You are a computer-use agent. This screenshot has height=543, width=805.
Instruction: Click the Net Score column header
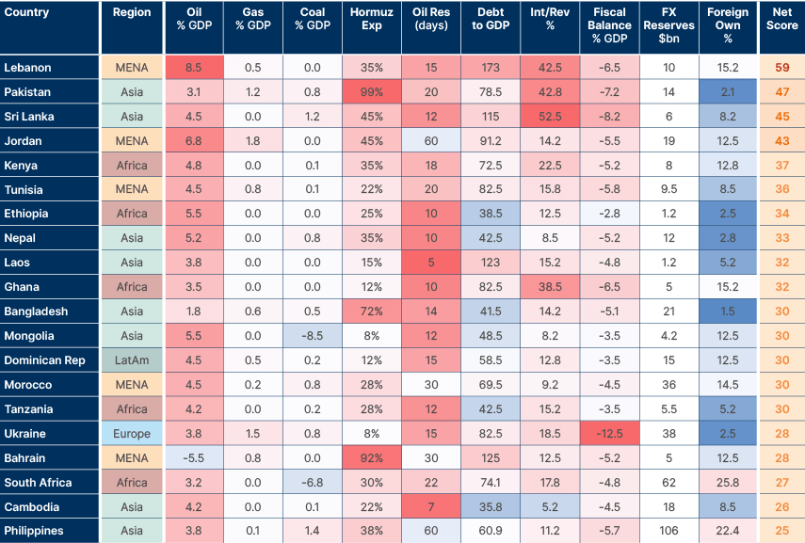click(781, 26)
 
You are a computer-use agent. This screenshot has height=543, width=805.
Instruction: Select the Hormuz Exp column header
click(371, 26)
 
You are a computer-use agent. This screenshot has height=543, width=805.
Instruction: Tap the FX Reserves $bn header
click(668, 26)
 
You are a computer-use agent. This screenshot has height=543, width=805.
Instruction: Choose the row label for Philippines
click(34, 531)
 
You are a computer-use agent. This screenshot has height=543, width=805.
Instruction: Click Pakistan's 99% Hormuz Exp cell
click(371, 92)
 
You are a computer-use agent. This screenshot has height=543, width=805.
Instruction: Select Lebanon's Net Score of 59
click(781, 68)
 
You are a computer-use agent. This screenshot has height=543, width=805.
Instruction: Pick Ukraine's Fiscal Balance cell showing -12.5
click(609, 434)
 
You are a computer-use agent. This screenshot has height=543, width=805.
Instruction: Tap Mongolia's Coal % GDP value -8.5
click(313, 336)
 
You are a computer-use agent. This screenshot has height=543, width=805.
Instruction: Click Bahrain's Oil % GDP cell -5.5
click(195, 458)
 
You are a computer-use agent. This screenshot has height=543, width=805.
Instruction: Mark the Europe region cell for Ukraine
click(132, 434)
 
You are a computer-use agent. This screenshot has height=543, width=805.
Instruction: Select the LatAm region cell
click(132, 360)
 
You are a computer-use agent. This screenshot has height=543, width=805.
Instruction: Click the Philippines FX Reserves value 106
click(668, 531)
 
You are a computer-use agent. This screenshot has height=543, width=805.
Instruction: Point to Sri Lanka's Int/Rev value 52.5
click(550, 117)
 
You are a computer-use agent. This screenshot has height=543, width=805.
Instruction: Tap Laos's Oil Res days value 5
click(430, 263)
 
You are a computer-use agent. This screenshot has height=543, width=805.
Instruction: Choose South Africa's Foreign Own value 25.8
click(728, 483)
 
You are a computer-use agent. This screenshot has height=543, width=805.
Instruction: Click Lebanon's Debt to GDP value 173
click(490, 68)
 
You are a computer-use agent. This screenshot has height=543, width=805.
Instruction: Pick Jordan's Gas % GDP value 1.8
click(253, 141)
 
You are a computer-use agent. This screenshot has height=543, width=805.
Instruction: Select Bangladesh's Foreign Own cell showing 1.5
click(728, 311)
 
